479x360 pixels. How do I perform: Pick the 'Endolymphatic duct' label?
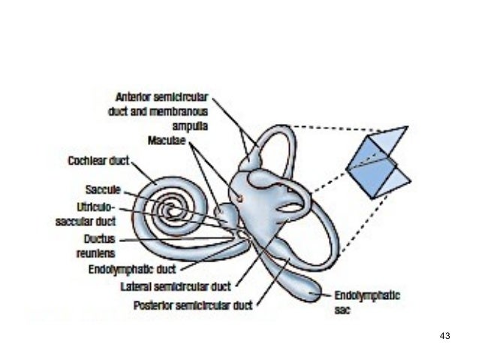(133, 268)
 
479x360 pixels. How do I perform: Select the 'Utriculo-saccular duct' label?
(86, 213)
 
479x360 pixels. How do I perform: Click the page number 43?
(444, 335)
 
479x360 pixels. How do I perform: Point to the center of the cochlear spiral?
(174, 210)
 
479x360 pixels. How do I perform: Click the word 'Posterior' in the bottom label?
(154, 305)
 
